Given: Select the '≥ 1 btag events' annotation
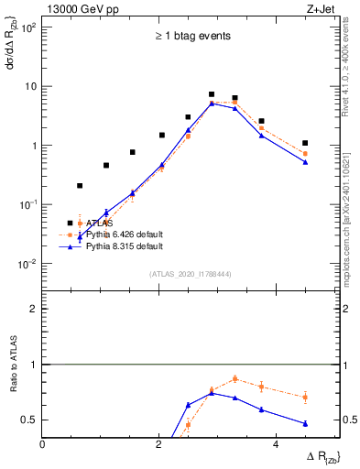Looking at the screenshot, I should coord(191,37).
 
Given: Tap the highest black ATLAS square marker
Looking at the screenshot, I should coord(212,94).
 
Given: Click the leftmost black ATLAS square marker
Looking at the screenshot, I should coord(80,186).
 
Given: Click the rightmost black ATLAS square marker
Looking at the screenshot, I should coord(305,143).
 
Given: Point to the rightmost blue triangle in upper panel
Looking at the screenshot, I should coord(305,162).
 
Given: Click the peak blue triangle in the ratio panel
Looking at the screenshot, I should coord(212,393).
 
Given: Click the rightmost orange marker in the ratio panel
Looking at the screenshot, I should coord(305,397).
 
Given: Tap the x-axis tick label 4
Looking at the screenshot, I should coord(277,443).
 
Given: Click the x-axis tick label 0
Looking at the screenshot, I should coord(43,443).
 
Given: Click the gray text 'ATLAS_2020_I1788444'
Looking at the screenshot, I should coord(191,273).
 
